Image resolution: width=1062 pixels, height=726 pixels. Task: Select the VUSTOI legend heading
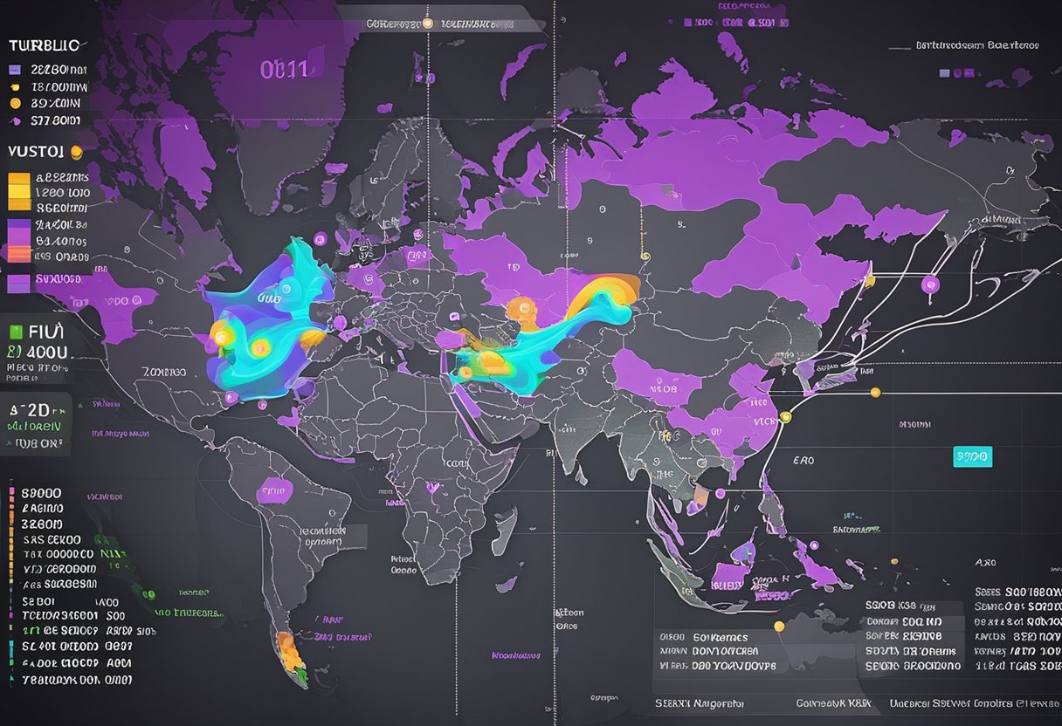click(x=36, y=151)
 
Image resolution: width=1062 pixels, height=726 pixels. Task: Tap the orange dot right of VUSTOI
click(x=76, y=152)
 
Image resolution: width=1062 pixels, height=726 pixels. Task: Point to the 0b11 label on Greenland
click(x=284, y=69)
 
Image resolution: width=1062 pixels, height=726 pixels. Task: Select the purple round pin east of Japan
click(x=929, y=283)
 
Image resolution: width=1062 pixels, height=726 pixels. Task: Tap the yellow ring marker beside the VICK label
click(x=784, y=416)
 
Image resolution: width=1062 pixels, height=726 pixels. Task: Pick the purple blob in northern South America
click(x=274, y=490)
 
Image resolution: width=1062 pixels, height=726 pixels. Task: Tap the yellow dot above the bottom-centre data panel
click(x=779, y=625)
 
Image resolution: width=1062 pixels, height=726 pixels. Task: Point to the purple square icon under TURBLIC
click(x=14, y=68)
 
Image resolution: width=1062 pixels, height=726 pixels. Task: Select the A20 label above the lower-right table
click(x=985, y=563)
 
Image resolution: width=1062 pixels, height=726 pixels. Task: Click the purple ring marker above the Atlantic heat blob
click(x=319, y=238)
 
